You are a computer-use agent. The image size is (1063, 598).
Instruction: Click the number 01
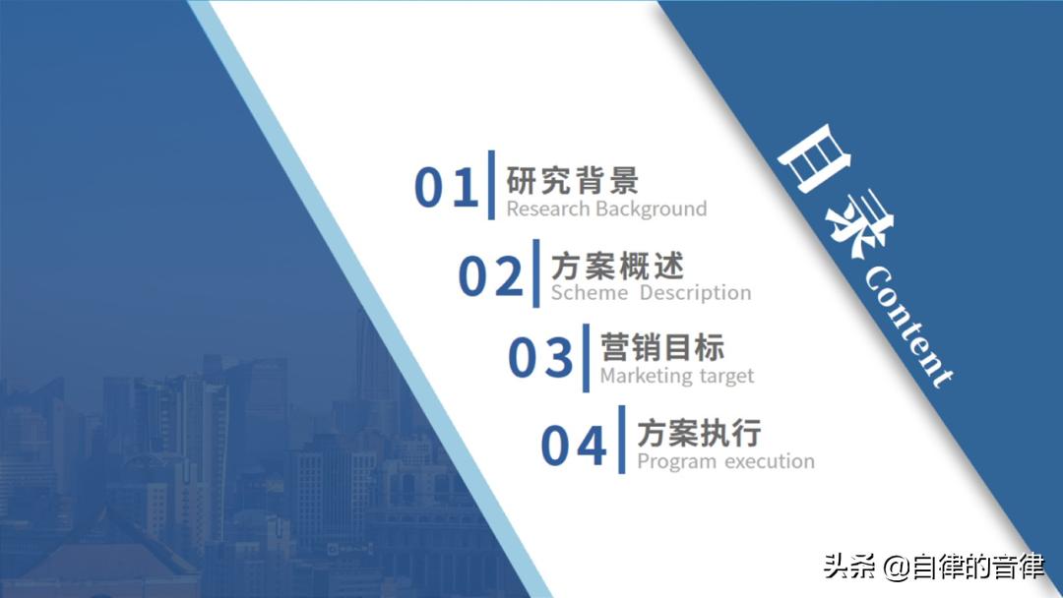446,187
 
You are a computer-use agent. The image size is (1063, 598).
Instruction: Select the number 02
491,275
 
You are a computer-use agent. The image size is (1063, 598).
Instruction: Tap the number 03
540,358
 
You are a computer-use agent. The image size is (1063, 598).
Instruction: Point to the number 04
574,447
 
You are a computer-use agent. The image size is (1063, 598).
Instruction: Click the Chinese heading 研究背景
572,180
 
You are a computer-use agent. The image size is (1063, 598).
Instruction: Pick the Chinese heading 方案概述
617,266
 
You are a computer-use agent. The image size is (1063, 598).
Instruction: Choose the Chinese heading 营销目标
662,347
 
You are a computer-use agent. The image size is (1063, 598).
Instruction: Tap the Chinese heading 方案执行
699,433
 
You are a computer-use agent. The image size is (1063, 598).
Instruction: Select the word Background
651,209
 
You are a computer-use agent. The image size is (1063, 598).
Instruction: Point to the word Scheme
589,293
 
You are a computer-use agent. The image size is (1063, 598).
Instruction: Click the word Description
695,293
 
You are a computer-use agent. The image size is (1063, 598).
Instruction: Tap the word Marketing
647,376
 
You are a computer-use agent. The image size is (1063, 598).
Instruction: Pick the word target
726,377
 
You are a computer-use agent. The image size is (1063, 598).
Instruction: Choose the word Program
677,461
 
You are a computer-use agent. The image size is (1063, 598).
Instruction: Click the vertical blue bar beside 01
490,184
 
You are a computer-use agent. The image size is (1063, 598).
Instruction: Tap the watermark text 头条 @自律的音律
933,568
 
